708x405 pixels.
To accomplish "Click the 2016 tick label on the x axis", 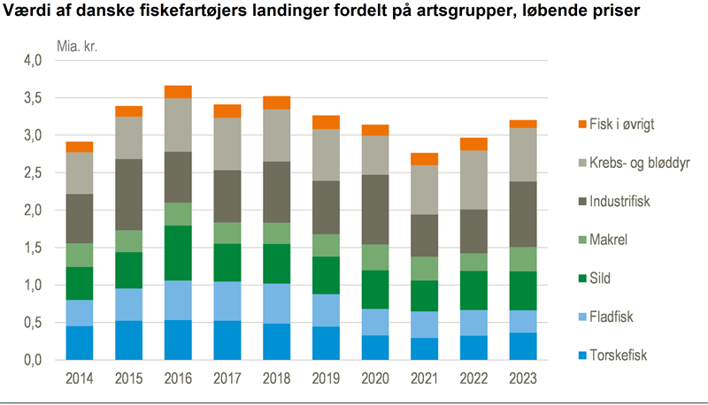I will coord(178,378).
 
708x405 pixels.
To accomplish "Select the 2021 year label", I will coord(425,378).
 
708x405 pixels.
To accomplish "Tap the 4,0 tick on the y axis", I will coord(32,61).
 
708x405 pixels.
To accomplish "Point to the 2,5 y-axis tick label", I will coord(32,173).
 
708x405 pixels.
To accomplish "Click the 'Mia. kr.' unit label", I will coord(77,45).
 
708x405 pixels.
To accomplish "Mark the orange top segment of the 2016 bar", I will coord(178,92).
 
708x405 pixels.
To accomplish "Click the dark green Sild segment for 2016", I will coord(178,253).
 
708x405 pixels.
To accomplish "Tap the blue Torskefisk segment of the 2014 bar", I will coord(79,343).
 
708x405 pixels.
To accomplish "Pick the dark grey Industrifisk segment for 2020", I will coord(375,210).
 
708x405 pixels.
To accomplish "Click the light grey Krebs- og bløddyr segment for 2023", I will coord(523,155).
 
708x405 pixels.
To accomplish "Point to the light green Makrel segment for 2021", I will coord(425,269).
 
